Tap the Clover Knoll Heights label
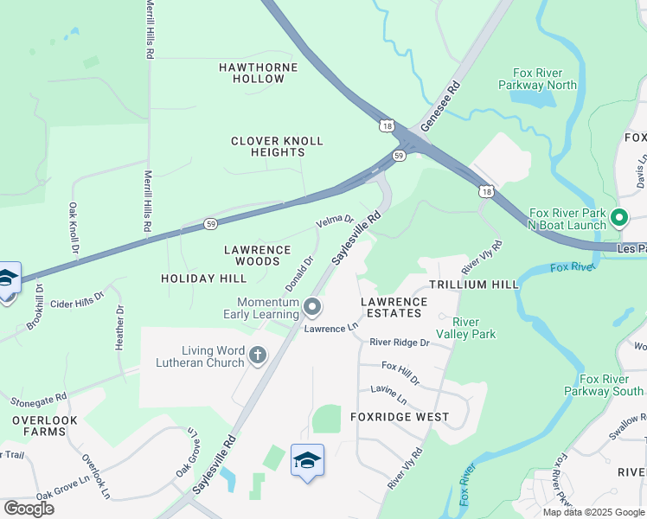[277, 146]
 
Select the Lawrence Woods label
[258, 254]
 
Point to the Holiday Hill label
[203, 278]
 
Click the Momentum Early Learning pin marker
[313, 307]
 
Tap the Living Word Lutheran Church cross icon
[258, 355]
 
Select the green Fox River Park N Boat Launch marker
[619, 217]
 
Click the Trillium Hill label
[474, 284]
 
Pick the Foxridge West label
[400, 417]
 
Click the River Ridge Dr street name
[399, 343]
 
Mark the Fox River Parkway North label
[538, 79]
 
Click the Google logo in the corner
[29, 509]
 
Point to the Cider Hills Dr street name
[77, 300]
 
